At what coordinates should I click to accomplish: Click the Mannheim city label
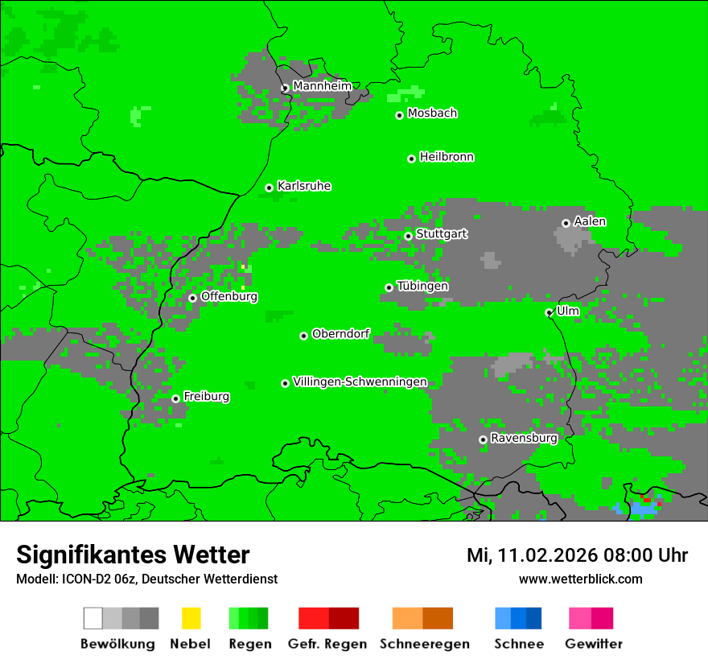click(x=323, y=86)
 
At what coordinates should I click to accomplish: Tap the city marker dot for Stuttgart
click(x=408, y=236)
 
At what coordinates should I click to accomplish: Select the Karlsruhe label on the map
click(x=304, y=186)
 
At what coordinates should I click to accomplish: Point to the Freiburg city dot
click(x=175, y=398)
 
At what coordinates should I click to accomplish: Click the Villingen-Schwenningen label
click(x=360, y=381)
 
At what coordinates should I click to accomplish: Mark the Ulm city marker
click(x=549, y=312)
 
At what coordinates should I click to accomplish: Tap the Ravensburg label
click(x=524, y=438)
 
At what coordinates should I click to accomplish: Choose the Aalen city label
click(x=590, y=221)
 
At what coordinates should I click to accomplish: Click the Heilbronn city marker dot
click(x=411, y=159)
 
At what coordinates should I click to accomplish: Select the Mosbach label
click(x=432, y=113)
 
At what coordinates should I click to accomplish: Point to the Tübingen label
click(x=422, y=286)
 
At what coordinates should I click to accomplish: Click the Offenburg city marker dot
click(x=192, y=298)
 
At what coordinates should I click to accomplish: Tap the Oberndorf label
click(x=340, y=334)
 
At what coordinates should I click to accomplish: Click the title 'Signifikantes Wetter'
click(x=133, y=555)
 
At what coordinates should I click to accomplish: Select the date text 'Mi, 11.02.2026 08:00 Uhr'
click(x=577, y=555)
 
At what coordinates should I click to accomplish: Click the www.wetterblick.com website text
click(x=580, y=579)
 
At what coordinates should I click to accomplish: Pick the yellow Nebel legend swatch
click(x=191, y=618)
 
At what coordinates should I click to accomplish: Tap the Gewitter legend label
click(x=593, y=644)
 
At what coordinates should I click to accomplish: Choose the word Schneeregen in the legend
click(x=424, y=644)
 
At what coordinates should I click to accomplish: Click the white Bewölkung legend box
click(x=93, y=618)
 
